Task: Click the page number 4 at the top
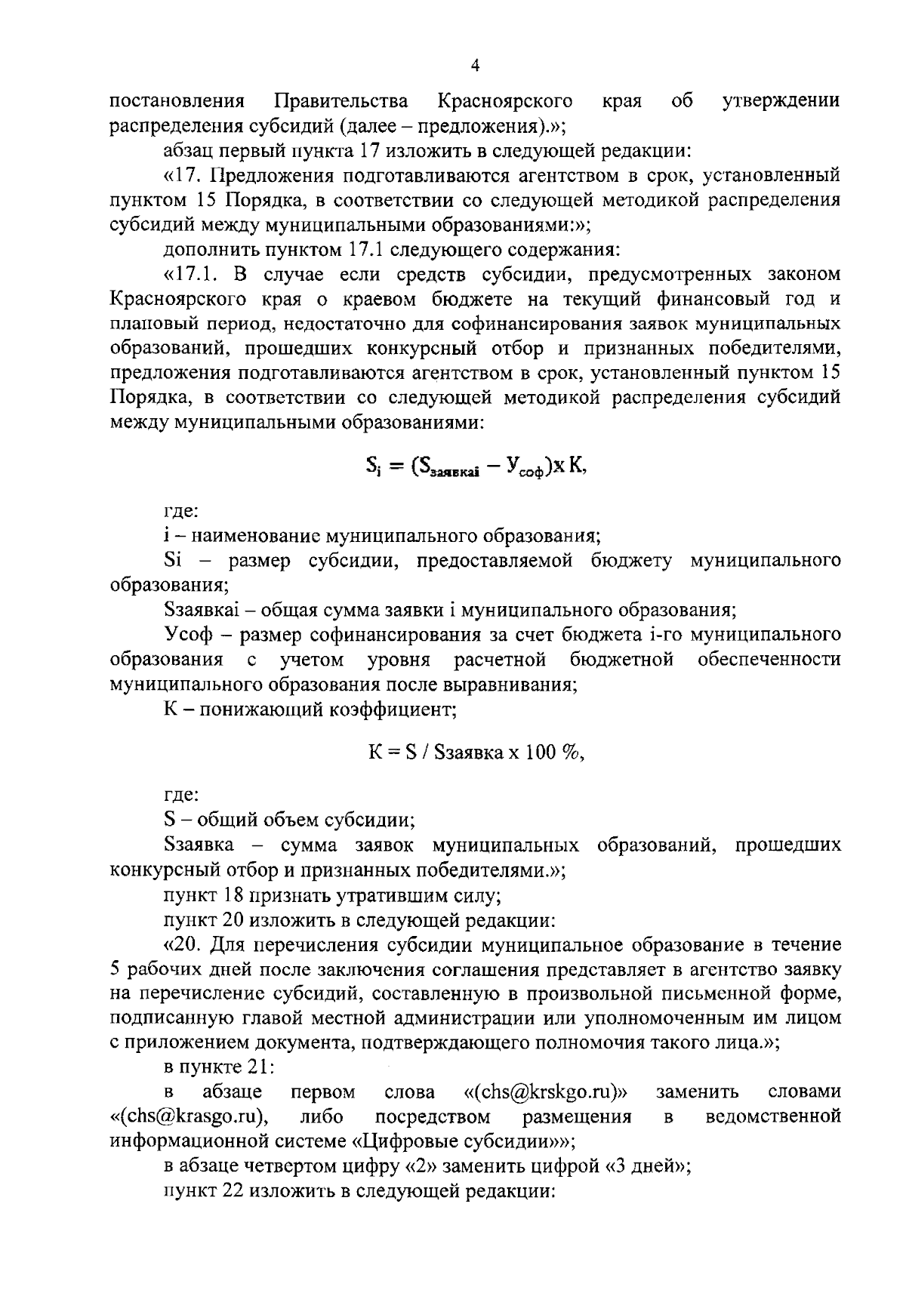click(x=475, y=66)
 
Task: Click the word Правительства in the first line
click(x=341, y=101)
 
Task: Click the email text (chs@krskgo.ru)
click(x=547, y=1092)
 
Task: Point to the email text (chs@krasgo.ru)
click(x=190, y=1116)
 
